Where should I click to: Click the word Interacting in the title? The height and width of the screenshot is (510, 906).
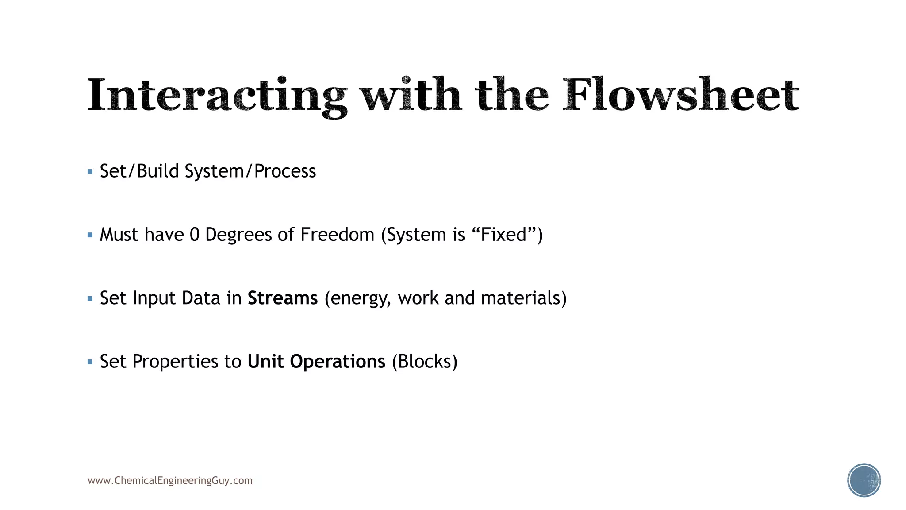tap(217, 96)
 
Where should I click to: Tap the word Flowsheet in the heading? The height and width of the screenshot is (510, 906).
tap(680, 95)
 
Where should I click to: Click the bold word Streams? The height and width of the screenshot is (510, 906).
tap(282, 298)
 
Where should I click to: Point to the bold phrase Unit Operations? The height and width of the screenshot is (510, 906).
tap(316, 362)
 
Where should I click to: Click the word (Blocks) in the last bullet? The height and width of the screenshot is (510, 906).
tap(425, 362)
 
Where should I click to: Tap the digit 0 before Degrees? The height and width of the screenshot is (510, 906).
tap(195, 235)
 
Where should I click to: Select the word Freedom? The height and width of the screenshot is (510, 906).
tap(337, 235)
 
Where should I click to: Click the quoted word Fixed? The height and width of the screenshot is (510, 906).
tap(503, 235)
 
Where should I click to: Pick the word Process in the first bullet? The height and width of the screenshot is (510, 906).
tap(285, 171)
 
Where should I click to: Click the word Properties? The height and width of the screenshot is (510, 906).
tap(175, 362)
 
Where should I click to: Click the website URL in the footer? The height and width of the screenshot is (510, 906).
tap(170, 481)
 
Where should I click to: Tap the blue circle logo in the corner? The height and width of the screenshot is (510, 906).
tap(864, 480)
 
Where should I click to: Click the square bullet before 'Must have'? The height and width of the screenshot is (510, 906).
tap(90, 235)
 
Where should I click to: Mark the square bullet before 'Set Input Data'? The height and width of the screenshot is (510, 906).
tap(90, 299)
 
